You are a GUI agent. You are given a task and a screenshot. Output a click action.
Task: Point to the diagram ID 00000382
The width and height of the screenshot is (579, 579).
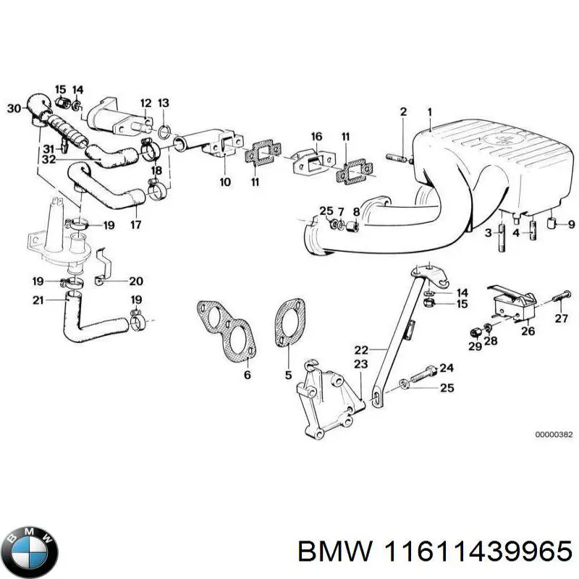[554, 435]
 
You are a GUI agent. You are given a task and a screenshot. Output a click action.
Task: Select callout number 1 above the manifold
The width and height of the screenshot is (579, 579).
[429, 111]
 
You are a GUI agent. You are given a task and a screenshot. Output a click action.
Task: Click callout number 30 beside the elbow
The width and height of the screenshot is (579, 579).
[13, 109]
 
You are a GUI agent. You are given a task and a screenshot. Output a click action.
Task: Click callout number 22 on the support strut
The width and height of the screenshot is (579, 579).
[362, 349]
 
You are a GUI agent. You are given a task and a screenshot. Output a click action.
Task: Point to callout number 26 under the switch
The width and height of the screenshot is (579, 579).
[528, 332]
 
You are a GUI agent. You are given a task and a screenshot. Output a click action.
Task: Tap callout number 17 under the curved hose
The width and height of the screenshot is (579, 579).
[135, 224]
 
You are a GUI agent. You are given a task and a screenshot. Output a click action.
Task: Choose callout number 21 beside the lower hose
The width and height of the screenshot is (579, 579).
[38, 300]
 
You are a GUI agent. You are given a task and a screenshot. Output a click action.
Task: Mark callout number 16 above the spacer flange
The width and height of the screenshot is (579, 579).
[316, 136]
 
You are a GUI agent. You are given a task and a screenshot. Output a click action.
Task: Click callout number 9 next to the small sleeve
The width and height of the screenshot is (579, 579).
[571, 224]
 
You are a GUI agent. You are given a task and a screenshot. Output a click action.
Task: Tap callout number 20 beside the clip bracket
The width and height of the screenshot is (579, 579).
[136, 281]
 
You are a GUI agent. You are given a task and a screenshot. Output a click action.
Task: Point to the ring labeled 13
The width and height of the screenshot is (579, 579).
[164, 132]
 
